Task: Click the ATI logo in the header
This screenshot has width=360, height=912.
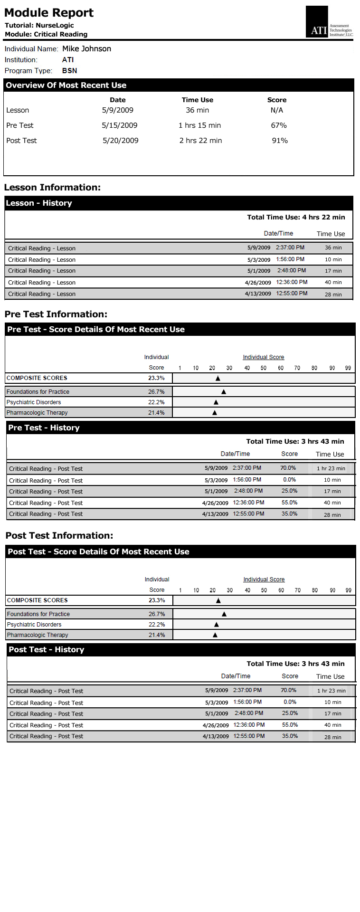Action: point(329,22)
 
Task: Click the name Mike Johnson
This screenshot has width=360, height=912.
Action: point(86,48)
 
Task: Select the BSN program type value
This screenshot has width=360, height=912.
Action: point(69,70)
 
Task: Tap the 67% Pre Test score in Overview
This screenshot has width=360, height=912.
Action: point(279,125)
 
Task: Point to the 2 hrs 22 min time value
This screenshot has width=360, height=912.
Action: point(200,141)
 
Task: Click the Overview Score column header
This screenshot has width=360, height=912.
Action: point(277,100)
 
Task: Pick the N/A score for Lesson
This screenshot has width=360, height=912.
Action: point(277,110)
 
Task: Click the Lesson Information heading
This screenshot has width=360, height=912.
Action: point(52,187)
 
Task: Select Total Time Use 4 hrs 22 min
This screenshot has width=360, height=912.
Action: point(296,217)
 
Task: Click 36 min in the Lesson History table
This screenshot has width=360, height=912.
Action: point(333,247)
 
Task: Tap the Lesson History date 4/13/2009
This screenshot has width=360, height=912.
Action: point(258,294)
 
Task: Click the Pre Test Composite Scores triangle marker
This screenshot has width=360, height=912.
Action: point(218,379)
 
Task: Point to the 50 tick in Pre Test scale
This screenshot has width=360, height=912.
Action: point(264,368)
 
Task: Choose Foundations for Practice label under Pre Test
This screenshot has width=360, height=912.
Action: point(38,391)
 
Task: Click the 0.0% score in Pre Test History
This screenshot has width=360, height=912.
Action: point(289,480)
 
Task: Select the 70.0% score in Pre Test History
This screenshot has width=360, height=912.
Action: point(288,468)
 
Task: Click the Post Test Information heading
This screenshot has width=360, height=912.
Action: point(59,535)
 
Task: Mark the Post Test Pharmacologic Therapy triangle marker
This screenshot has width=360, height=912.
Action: point(215,635)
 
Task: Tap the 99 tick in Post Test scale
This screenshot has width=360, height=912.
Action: point(349,590)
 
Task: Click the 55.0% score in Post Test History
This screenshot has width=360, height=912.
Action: point(290,725)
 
